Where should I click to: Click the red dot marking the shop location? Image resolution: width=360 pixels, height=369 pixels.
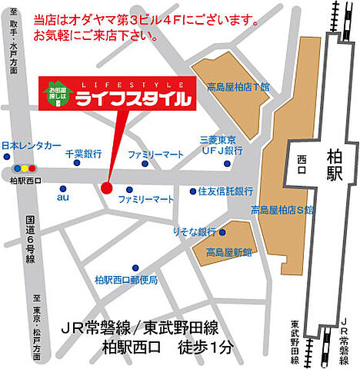coord(106,187)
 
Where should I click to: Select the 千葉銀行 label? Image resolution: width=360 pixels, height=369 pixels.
coord(83,154)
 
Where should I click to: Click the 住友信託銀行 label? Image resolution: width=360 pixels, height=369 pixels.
coord(226,191)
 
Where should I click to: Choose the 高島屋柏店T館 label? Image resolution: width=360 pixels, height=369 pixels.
coord(232,88)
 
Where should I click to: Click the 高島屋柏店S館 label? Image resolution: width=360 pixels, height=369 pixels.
coord(282,209)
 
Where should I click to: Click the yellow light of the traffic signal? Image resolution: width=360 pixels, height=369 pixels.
coord(24,167)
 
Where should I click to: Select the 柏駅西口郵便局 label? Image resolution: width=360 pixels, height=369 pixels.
coord(126,280)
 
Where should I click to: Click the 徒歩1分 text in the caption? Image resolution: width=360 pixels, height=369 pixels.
coord(204,345)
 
